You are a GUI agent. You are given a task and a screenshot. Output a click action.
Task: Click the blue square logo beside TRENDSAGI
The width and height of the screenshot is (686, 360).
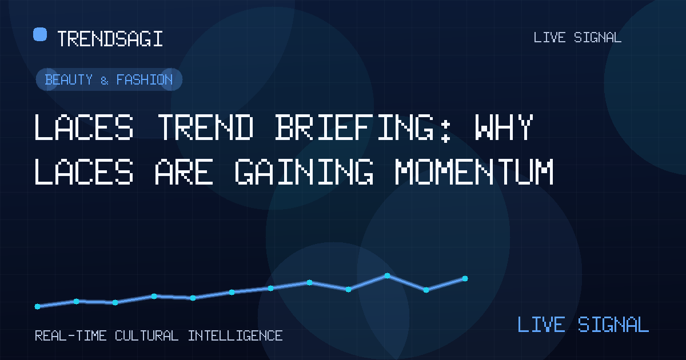[40, 34]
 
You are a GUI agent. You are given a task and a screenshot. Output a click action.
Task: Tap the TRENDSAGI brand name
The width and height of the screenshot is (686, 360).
[110, 39]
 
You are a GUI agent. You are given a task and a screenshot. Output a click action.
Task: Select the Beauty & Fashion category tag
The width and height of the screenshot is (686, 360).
[109, 79]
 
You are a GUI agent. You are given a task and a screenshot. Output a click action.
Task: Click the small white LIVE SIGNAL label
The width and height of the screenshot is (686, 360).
[577, 38]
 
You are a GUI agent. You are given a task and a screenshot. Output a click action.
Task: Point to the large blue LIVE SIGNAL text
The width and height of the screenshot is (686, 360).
[583, 325]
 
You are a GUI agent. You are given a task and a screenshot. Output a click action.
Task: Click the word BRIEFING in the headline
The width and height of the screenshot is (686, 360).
[354, 127]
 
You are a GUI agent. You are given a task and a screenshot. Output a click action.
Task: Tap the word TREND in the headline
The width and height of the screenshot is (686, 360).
[206, 127]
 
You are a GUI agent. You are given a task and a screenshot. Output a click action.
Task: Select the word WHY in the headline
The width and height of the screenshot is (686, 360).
[504, 127]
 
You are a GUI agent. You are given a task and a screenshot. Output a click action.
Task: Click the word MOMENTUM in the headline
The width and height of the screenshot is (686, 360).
[474, 171]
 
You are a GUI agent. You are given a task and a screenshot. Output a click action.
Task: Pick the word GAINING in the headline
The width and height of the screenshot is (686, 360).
[304, 171]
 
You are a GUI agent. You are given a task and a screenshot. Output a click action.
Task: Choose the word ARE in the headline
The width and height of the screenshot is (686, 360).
[184, 171]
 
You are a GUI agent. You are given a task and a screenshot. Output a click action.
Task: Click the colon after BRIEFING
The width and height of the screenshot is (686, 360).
[445, 131]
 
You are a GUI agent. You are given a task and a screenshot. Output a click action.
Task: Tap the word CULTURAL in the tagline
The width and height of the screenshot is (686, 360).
[146, 336]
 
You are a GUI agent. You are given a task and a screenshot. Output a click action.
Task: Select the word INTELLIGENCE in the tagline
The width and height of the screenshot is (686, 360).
[235, 336]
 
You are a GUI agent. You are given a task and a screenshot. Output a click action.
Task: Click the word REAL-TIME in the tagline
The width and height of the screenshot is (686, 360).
[70, 336]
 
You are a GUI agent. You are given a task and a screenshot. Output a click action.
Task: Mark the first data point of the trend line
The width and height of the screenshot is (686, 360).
[37, 306]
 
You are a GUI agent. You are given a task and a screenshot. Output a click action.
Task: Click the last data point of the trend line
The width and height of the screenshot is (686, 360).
[465, 279]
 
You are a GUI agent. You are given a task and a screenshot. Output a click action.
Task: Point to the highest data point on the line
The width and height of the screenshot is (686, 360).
[388, 275]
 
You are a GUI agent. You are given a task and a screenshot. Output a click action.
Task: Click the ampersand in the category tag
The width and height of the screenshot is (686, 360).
[105, 81]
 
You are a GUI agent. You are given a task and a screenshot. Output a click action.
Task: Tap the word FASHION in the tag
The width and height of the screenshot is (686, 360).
[145, 79]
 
